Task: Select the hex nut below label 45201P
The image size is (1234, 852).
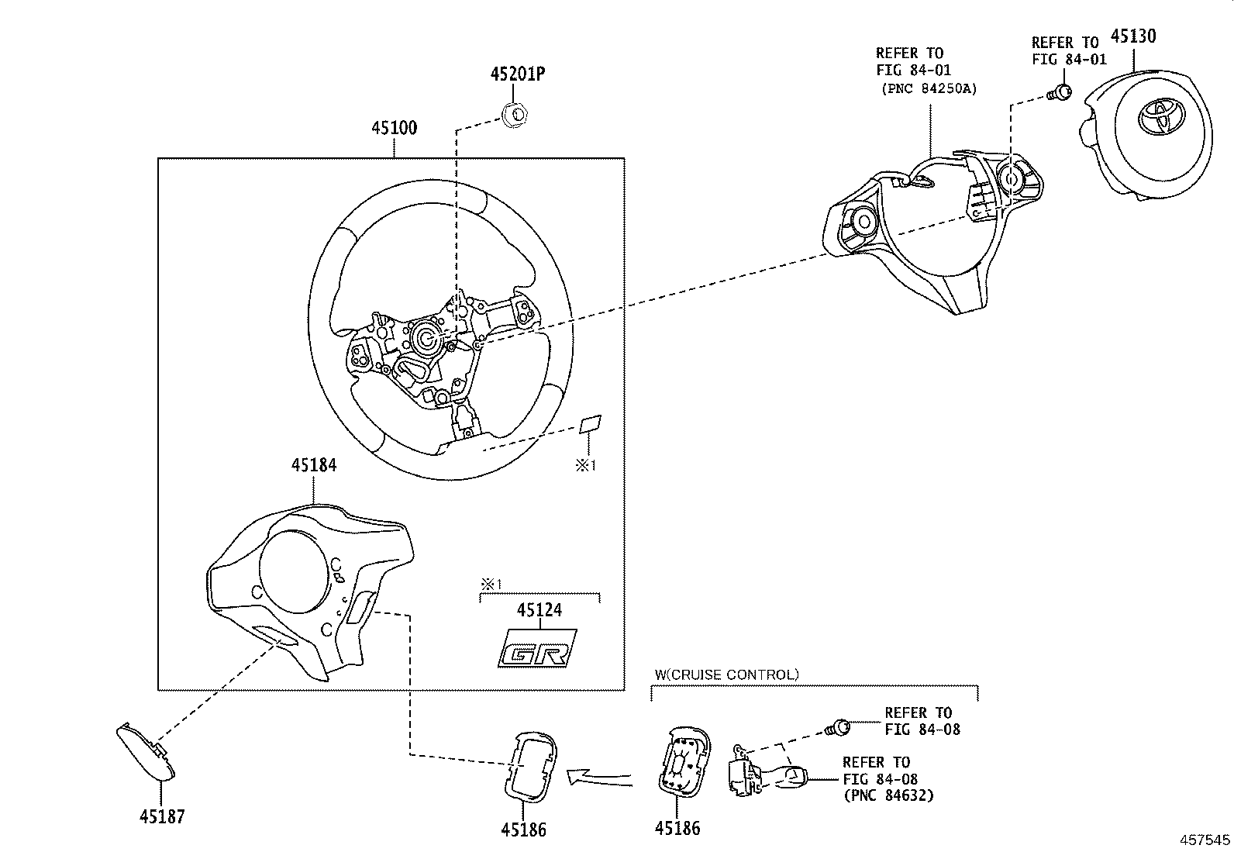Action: (x=515, y=114)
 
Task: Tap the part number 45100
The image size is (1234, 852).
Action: (x=393, y=128)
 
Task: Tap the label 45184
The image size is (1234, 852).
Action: (x=313, y=464)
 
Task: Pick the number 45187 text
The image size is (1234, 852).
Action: (x=162, y=816)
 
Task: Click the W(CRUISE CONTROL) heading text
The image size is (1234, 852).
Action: (x=726, y=674)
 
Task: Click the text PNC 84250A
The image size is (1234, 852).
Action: (x=929, y=88)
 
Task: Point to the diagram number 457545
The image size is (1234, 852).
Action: (x=1205, y=840)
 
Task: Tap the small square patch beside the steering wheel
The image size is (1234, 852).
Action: (x=591, y=423)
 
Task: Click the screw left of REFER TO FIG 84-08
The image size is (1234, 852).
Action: (x=839, y=727)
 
